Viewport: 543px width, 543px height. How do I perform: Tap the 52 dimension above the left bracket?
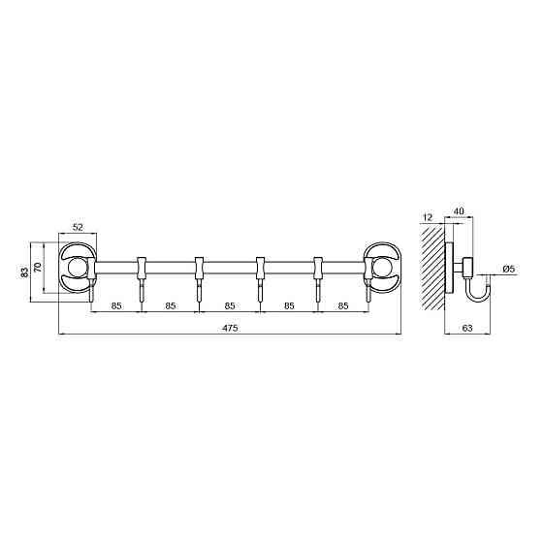coord(78,227)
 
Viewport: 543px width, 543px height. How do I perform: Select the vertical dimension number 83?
coord(25,272)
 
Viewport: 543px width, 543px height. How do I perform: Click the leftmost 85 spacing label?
coord(115,306)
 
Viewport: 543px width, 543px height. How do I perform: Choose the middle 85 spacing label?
coord(230,306)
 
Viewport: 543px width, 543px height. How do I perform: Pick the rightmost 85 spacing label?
coord(343,306)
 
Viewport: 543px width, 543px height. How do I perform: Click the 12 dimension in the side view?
coord(428,217)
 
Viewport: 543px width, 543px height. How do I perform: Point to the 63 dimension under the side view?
coord(466,331)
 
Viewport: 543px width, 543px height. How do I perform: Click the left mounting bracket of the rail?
coord(78,268)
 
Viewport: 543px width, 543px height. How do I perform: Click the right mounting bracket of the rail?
coord(381,268)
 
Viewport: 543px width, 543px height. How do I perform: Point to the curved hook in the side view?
coord(479,288)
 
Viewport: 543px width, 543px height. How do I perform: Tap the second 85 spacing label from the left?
coord(171,306)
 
